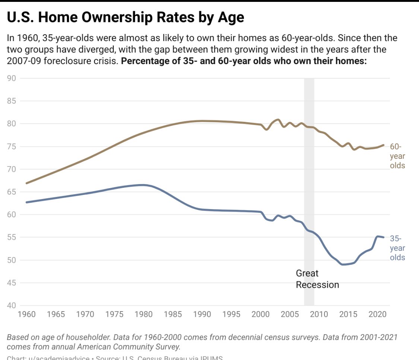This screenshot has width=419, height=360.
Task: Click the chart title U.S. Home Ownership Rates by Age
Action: (x=126, y=18)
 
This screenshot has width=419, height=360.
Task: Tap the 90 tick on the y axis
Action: (x=12, y=78)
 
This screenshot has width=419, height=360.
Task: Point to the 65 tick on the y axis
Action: (x=12, y=192)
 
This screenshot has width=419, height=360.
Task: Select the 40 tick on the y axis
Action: (x=12, y=306)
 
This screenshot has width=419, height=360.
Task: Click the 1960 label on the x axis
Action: (x=26, y=314)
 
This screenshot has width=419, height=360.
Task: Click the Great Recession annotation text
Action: (x=317, y=279)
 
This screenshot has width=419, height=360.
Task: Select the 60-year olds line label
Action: (x=397, y=156)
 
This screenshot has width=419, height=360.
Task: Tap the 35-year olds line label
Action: (x=397, y=248)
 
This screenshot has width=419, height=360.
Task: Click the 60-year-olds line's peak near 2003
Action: (x=277, y=120)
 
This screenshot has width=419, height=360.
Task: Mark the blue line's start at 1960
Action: (x=26, y=202)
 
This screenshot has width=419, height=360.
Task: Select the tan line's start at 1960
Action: (x=26, y=183)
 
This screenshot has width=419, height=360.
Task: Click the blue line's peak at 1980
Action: (x=142, y=185)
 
